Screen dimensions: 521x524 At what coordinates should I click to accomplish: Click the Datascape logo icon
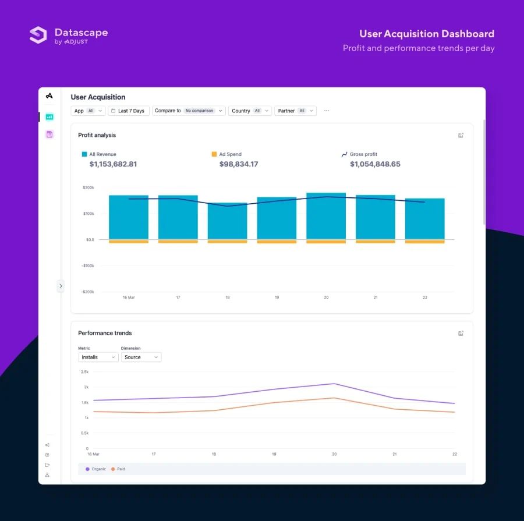(x=38, y=35)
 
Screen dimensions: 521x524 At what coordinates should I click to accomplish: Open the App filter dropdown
(x=88, y=111)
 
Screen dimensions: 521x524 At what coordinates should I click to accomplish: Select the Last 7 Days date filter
(x=129, y=111)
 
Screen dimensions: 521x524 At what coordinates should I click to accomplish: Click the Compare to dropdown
(x=189, y=111)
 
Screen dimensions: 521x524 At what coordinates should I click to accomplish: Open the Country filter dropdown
(x=250, y=111)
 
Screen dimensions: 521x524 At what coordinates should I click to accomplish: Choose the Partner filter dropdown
(x=295, y=111)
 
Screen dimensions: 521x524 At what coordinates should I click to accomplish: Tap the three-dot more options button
(x=326, y=111)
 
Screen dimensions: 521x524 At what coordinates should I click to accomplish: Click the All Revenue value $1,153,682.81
(x=113, y=164)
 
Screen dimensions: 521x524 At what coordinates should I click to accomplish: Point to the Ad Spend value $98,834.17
(x=239, y=164)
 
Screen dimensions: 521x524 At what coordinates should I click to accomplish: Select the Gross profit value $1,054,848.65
(x=375, y=164)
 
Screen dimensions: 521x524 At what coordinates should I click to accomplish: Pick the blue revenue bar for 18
(x=227, y=221)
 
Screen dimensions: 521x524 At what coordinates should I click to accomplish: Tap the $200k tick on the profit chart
(x=88, y=187)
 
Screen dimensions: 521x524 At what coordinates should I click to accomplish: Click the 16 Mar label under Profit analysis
(x=129, y=297)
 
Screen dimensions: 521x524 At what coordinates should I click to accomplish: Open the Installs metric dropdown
(x=98, y=357)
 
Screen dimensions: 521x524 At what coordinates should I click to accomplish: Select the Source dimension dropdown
(x=141, y=357)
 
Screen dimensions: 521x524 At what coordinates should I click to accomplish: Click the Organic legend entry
(x=96, y=469)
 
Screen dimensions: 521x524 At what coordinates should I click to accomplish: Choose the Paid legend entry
(x=118, y=469)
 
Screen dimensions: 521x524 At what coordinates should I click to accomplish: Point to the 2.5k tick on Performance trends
(x=84, y=371)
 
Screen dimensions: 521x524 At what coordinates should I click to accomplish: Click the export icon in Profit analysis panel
(x=461, y=135)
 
